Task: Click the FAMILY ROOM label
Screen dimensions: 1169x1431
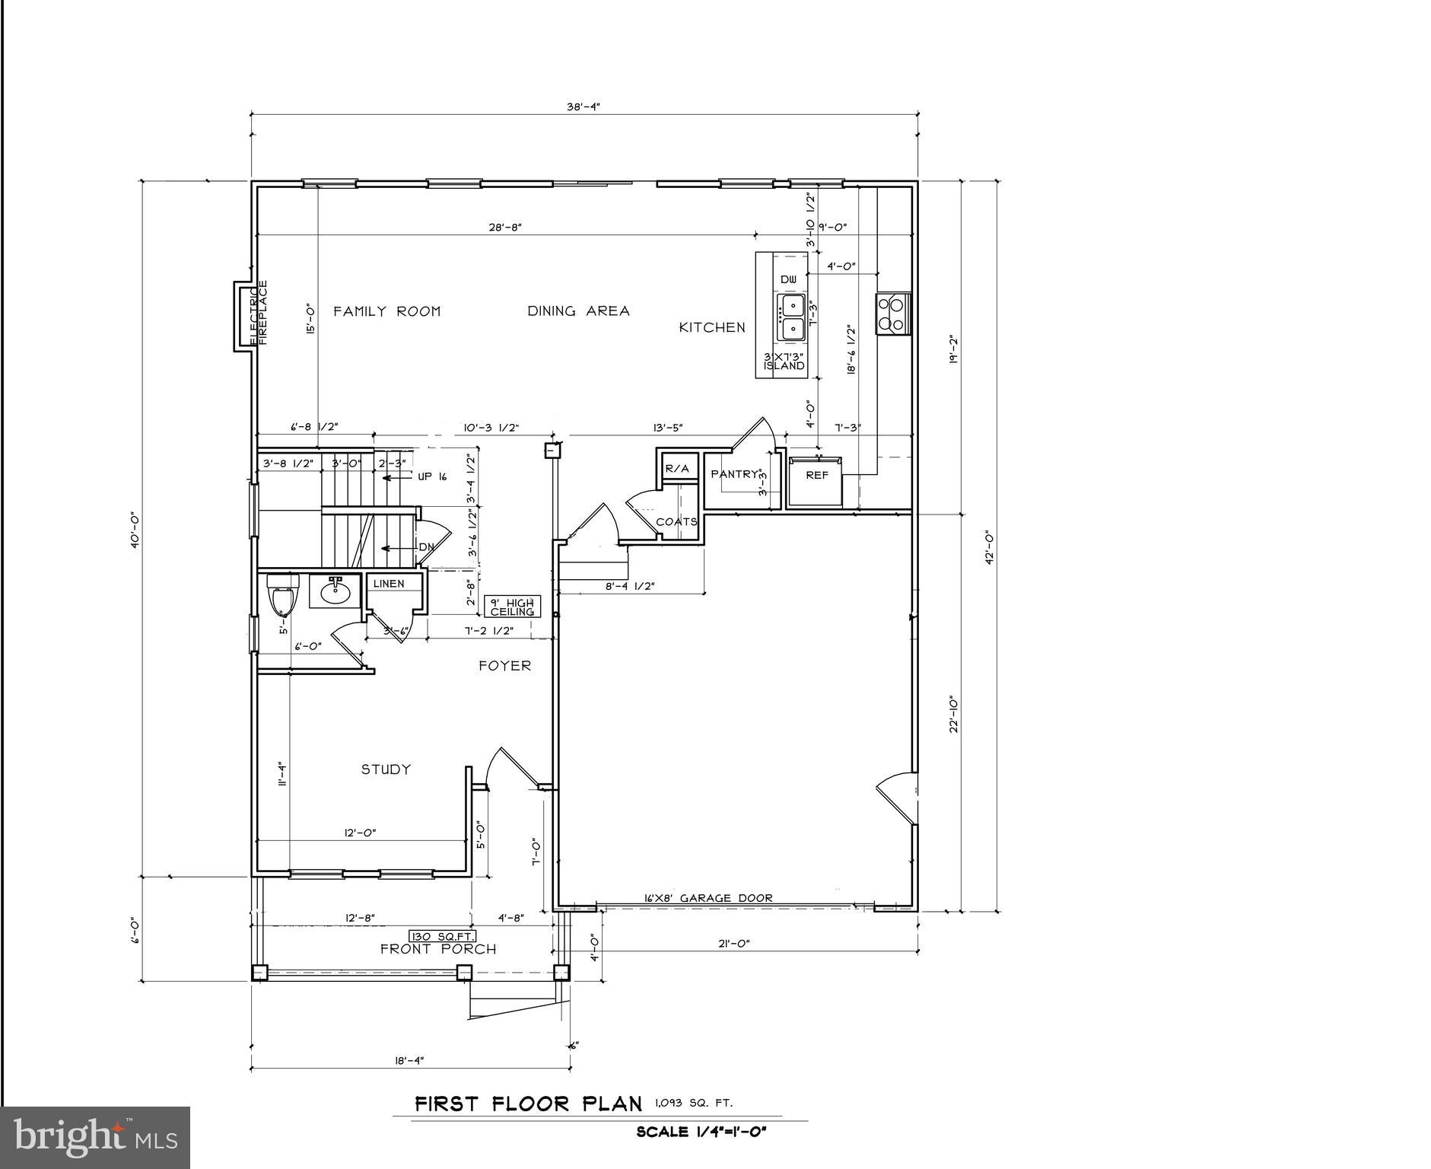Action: coord(386,311)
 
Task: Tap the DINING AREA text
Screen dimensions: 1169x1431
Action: coord(578,311)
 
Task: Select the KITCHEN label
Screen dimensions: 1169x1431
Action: coord(712,327)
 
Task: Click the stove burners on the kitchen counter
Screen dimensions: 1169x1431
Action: coord(892,314)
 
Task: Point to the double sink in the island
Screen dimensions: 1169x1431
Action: coord(791,317)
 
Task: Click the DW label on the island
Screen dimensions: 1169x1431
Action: coord(789,280)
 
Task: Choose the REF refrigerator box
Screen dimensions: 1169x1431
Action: coord(816,476)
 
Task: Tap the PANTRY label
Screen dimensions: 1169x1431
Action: coord(734,474)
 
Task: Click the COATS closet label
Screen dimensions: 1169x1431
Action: coord(676,522)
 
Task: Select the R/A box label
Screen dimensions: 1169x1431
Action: coord(677,469)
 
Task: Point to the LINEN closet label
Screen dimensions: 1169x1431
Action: coord(389,584)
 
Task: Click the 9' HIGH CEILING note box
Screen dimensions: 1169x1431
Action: coord(512,607)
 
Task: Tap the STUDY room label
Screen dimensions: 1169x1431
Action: coord(386,769)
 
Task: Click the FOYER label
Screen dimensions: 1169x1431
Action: coord(504,666)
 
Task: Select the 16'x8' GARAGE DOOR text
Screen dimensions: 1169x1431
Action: coord(708,898)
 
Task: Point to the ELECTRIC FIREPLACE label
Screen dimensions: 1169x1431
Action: coord(259,313)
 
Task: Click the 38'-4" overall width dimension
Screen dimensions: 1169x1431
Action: coord(584,107)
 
